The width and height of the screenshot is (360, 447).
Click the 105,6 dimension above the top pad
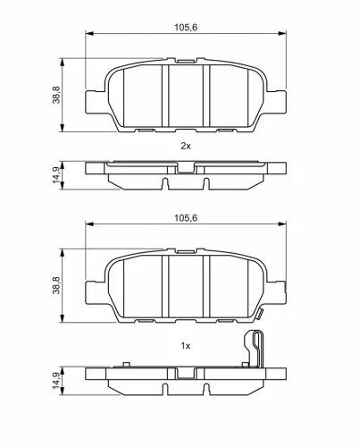click(186, 27)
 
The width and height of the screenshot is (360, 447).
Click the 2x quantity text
click(186, 143)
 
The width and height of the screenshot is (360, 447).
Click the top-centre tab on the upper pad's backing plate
click(186, 63)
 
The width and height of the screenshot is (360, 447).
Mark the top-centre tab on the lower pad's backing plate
click(186, 252)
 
